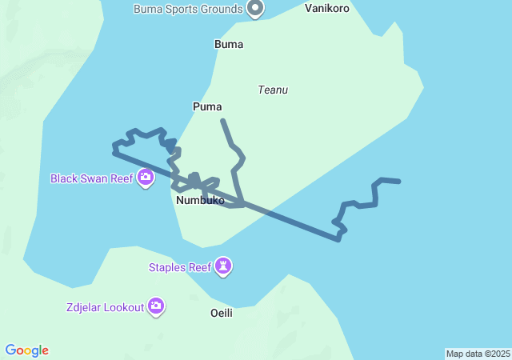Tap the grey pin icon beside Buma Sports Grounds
pyautogui.click(x=255, y=8)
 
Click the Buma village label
pyautogui.click(x=229, y=44)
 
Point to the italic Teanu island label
pyautogui.click(x=273, y=90)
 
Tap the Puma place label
pyautogui.click(x=207, y=106)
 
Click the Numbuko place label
pyautogui.click(x=200, y=201)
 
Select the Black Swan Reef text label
pyautogui.click(x=91, y=178)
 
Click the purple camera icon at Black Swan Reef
pyautogui.click(x=146, y=178)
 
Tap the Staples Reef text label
pyautogui.click(x=179, y=267)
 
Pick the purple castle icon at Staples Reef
pyautogui.click(x=223, y=266)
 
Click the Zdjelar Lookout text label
pyautogui.click(x=106, y=306)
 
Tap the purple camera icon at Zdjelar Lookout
pyautogui.click(x=156, y=306)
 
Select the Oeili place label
pyautogui.click(x=221, y=313)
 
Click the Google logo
pyautogui.click(x=27, y=350)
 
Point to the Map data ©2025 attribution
pyautogui.click(x=478, y=354)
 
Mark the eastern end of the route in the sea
pyautogui.click(x=398, y=182)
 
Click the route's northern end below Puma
pyautogui.click(x=222, y=121)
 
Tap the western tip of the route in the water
pyautogui.click(x=114, y=147)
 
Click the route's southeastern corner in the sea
pyautogui.click(x=338, y=238)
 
